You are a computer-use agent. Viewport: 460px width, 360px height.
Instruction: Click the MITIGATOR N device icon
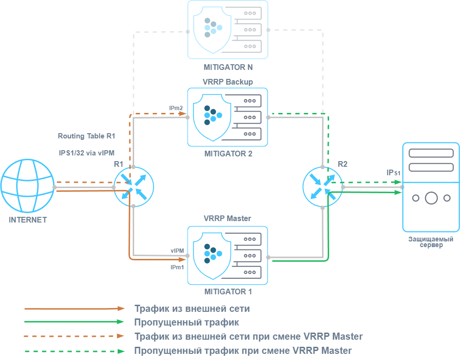pyautogui.click(x=228, y=29)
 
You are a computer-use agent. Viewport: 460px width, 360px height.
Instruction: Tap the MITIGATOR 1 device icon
pyautogui.click(x=228, y=255)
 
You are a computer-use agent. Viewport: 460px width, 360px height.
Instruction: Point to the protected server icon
pyautogui.click(x=430, y=187)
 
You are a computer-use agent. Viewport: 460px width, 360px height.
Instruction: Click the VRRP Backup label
pyautogui.click(x=228, y=82)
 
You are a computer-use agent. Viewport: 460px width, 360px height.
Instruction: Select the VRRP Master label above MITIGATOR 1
pyautogui.click(x=227, y=219)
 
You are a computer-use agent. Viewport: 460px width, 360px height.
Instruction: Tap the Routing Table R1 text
pyautogui.click(x=86, y=136)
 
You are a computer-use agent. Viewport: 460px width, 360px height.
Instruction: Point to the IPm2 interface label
pyautogui.click(x=176, y=109)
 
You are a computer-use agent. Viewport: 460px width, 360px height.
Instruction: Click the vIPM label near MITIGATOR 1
pyautogui.click(x=177, y=250)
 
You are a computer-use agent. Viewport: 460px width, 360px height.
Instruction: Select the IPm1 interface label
pyautogui.click(x=177, y=267)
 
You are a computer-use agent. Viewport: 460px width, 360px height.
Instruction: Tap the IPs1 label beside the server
pyautogui.click(x=393, y=173)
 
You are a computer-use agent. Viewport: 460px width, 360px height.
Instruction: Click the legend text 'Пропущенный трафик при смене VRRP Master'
pyautogui.click(x=243, y=351)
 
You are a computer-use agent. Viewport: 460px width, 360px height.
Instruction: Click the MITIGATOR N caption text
pyautogui.click(x=228, y=67)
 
